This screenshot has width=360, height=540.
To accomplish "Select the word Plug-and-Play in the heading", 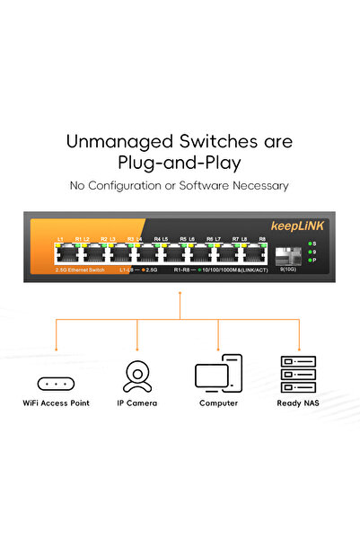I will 180,163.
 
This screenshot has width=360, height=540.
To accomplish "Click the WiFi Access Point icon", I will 56,383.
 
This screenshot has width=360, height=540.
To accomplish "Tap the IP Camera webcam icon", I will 136,376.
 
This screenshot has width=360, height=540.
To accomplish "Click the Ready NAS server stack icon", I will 297,375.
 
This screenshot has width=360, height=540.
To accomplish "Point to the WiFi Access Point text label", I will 56,403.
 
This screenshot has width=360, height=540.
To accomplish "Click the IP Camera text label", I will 136,403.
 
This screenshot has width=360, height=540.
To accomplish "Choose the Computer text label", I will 218,403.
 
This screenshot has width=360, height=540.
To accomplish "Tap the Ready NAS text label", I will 297,403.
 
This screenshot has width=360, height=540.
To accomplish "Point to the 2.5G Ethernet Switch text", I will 80,270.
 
